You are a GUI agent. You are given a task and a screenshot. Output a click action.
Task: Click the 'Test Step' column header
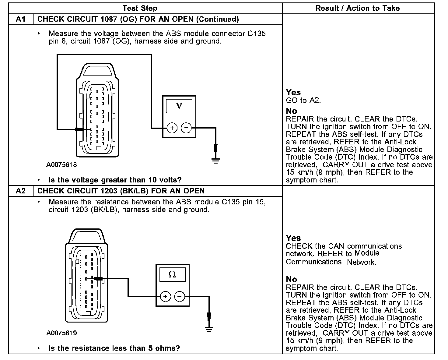(140, 8)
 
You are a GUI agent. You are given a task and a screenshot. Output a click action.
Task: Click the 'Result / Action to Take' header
(358, 8)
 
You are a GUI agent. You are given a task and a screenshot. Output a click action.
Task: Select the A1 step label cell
(20, 19)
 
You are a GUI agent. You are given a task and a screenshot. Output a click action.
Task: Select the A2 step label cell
(20, 191)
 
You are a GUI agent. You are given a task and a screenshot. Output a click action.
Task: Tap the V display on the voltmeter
(179, 106)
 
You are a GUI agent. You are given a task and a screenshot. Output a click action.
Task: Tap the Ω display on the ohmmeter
(172, 274)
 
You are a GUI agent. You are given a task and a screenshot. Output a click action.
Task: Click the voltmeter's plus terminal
(172, 128)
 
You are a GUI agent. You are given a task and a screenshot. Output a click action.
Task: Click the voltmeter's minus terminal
(186, 128)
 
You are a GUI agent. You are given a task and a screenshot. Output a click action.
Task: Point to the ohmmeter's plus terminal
(165, 296)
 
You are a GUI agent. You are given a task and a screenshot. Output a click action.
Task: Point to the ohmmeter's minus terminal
(180, 296)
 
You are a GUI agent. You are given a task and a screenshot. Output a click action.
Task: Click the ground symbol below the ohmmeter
(209, 329)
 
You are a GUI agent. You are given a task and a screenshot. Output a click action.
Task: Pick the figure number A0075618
(61, 165)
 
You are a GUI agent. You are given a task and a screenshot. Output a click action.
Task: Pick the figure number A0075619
(61, 333)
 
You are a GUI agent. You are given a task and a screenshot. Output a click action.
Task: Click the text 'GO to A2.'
(303, 100)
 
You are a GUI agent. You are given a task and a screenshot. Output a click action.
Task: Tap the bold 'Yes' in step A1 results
(293, 93)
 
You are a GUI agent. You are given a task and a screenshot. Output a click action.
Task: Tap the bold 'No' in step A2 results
(291, 279)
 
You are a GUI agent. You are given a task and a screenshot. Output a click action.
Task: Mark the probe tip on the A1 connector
(80, 129)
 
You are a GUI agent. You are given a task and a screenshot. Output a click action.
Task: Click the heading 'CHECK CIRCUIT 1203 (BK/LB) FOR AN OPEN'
(121, 191)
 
